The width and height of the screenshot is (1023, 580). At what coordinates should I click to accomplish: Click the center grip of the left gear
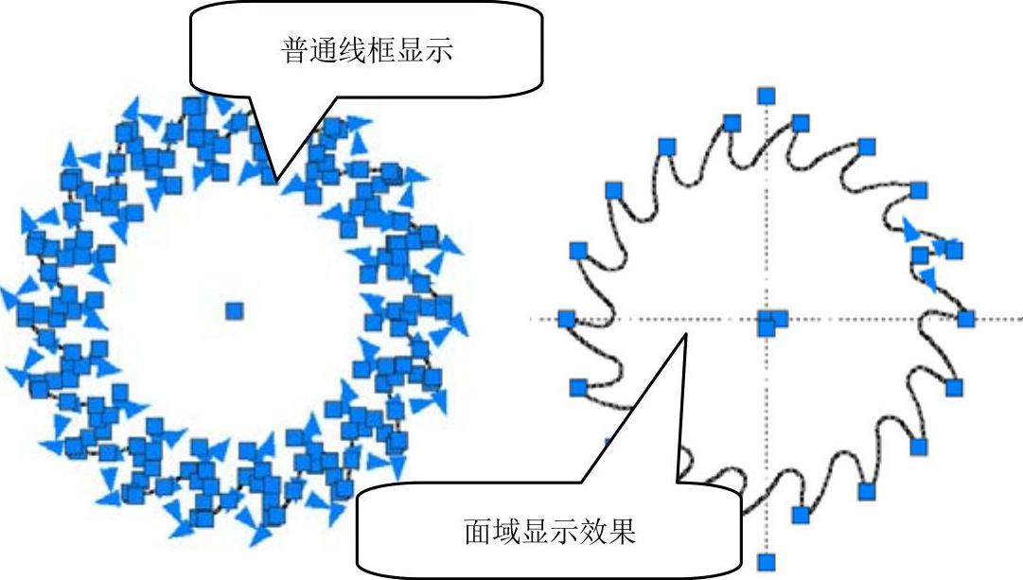234,309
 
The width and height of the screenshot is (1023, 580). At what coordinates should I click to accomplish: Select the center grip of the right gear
767,323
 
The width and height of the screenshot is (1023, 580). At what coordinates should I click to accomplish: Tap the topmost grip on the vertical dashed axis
767,95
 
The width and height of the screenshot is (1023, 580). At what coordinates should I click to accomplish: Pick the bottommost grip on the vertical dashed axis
767,561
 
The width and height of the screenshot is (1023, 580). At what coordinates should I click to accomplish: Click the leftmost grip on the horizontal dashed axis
566,319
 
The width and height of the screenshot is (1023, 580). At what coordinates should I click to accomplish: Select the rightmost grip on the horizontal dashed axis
965,318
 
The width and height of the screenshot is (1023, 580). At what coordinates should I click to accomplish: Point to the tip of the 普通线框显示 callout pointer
275,180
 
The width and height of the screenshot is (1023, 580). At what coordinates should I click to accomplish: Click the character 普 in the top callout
296,50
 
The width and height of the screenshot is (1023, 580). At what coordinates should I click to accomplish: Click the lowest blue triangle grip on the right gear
930,278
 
